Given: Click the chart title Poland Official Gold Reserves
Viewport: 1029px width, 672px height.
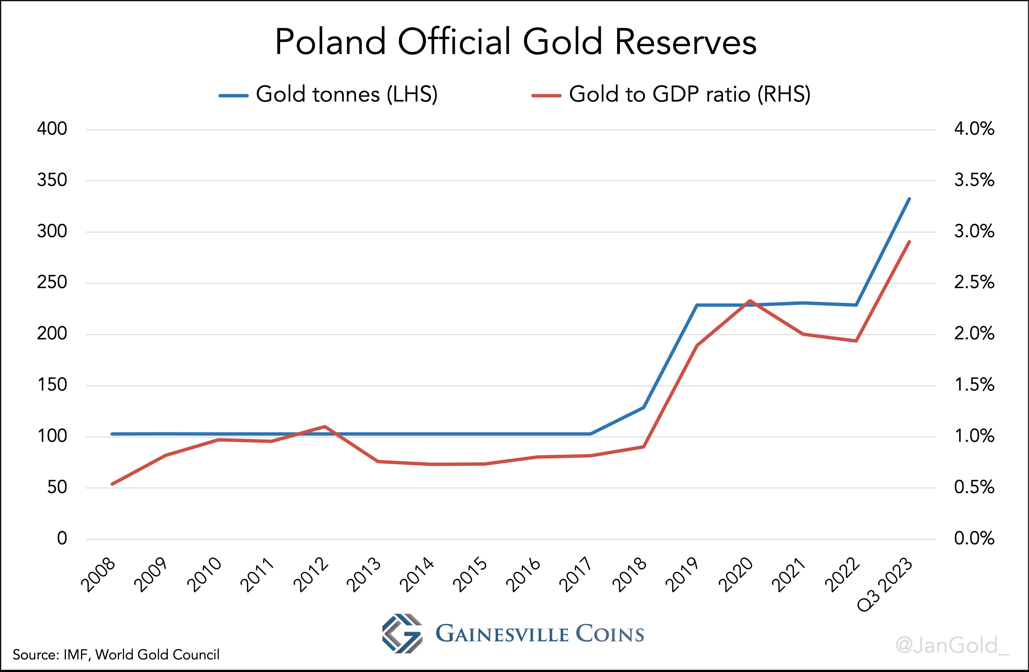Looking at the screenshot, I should tap(515, 42).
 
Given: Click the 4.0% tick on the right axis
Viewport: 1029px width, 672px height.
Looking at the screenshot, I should tap(974, 129).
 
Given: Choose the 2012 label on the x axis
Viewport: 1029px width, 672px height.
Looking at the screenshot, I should tap(311, 575).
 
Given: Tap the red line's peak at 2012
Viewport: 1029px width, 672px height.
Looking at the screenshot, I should tap(324, 427).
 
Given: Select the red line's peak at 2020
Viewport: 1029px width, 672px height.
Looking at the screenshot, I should tap(749, 300).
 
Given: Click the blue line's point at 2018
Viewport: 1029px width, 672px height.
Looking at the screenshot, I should tap(643, 407).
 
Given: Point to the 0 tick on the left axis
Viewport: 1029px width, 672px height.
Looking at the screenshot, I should tap(62, 539).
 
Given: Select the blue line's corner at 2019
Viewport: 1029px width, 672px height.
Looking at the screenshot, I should tap(697, 305).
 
